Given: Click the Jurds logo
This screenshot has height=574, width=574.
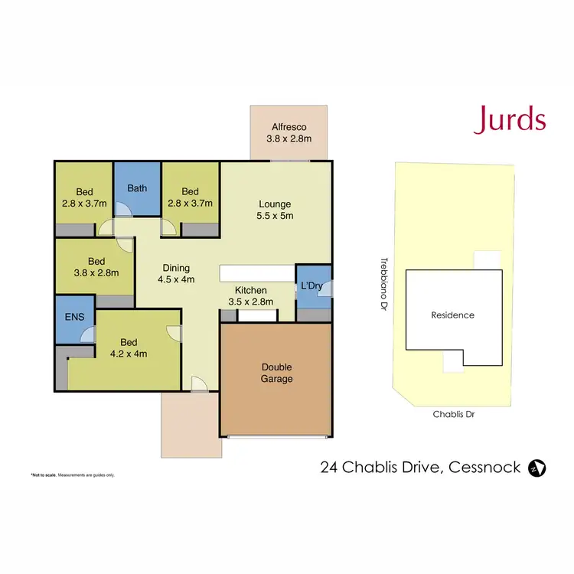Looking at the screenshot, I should tap(509, 120).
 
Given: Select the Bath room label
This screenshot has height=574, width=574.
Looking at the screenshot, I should tap(137, 188).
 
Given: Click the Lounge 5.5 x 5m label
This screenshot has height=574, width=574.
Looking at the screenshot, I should tap(276, 210).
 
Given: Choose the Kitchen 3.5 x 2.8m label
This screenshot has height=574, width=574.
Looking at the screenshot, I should tap(251, 296).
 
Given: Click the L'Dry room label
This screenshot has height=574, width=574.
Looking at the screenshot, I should tap(313, 285).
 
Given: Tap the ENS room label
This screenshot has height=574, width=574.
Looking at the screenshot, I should tap(74, 317).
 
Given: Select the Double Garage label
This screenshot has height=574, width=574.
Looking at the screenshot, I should tap(276, 373).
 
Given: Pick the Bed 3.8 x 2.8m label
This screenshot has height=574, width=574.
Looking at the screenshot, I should tap(96, 266).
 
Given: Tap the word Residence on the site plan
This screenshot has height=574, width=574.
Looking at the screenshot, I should tap(452, 315).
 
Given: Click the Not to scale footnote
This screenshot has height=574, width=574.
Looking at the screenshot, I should tap(73, 475).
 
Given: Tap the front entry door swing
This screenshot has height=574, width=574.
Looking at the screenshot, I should tap(199, 385).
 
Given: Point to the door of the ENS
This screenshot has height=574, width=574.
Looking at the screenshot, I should tap(89, 333).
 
